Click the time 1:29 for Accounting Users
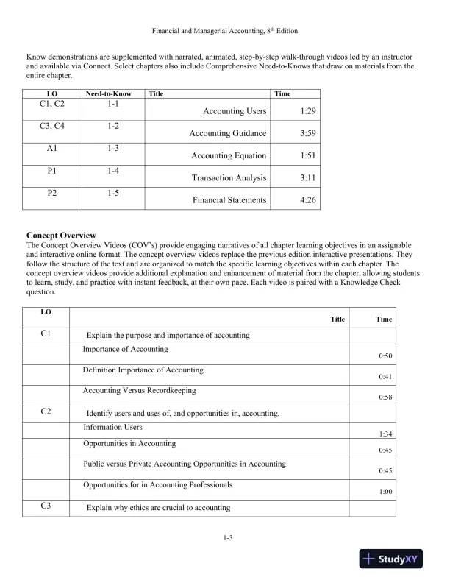tap(309, 111)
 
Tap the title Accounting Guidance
tap(227, 134)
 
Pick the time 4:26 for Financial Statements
tap(309, 200)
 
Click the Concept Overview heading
tap(61, 235)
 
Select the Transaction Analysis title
tap(229, 178)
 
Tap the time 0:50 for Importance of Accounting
tap(385, 356)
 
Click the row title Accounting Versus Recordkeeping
tap(139, 390)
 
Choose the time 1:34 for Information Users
tap(385, 434)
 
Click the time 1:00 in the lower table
tap(385, 492)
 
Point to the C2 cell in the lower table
tap(46, 412)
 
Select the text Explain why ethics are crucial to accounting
tap(159, 508)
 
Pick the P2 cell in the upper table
tap(51, 192)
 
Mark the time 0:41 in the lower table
tap(385, 377)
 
